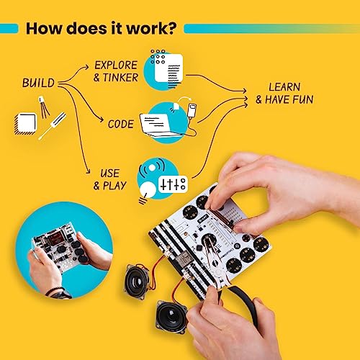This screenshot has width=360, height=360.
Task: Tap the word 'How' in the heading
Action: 45,28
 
